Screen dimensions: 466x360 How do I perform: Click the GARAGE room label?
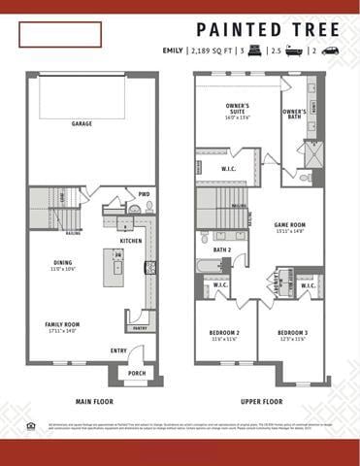click(x=82, y=124)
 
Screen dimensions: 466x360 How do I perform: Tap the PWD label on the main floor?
click(x=144, y=193)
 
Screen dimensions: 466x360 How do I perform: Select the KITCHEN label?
click(x=130, y=241)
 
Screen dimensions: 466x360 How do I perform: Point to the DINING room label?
click(x=62, y=262)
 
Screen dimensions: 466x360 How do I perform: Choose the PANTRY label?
click(x=139, y=328)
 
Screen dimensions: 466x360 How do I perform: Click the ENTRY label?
click(x=118, y=350)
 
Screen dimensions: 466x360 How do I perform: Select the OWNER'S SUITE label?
click(x=238, y=108)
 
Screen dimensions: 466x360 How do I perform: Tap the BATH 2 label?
click(x=222, y=250)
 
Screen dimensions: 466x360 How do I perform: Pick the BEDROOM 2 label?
click(x=225, y=333)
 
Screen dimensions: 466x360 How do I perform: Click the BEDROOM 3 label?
click(x=292, y=333)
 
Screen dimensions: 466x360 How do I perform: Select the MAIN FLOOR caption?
click(x=94, y=401)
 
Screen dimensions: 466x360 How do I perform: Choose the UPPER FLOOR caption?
click(x=262, y=401)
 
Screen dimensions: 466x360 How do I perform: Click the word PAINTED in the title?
click(x=234, y=29)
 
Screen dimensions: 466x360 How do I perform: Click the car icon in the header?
click(x=330, y=50)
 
